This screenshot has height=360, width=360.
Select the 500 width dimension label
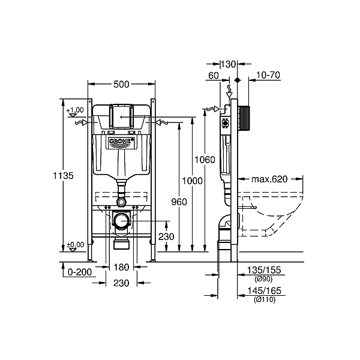point(121,85)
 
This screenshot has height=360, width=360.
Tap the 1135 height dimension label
point(63,176)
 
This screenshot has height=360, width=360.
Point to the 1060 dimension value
point(205,160)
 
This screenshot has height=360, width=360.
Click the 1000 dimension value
point(192,181)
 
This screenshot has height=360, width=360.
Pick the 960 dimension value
point(179,202)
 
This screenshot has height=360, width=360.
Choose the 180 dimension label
point(121,267)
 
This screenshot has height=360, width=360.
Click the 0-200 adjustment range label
point(80,272)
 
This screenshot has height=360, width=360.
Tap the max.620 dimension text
point(269,179)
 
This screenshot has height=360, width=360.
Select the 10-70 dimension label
point(268,75)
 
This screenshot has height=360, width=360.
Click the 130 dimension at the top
point(229,64)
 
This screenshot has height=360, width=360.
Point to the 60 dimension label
point(214,76)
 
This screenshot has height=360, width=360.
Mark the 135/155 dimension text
point(264,270)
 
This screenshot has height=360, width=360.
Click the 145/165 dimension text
point(264,291)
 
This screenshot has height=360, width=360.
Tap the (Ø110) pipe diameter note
point(265,299)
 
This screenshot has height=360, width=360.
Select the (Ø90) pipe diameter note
point(263,279)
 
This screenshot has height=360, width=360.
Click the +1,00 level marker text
point(75,110)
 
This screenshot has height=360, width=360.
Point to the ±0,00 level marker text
point(76,245)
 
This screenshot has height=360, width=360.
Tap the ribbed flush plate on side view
point(244,118)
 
